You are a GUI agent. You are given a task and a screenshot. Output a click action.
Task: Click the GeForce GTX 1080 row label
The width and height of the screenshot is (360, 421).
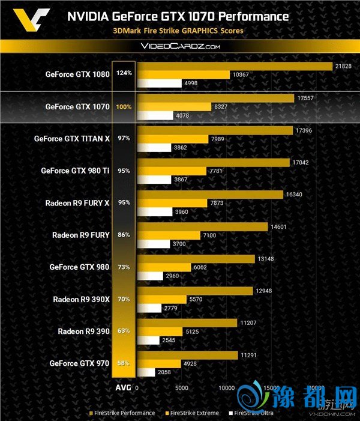click(x=77, y=74)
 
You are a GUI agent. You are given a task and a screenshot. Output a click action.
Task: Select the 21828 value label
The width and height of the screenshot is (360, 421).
click(x=341, y=65)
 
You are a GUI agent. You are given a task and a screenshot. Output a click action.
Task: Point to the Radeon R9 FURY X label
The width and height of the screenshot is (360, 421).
click(x=77, y=202)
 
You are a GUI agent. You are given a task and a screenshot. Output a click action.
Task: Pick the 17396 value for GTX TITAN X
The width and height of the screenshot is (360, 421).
click(x=304, y=130)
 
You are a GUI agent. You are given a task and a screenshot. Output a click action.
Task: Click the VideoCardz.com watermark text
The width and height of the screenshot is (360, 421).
click(x=180, y=46)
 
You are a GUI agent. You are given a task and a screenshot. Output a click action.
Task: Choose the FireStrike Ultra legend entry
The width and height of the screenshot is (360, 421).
click(x=254, y=413)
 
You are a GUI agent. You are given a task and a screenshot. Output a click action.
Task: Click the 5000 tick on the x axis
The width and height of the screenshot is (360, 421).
click(x=181, y=388)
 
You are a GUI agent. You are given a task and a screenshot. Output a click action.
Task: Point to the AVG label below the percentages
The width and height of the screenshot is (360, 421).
click(x=123, y=388)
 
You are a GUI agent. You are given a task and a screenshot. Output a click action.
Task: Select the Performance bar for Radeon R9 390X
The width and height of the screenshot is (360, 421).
click(x=196, y=291)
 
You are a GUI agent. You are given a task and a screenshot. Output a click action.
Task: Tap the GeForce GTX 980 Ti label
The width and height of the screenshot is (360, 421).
click(x=76, y=171)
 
